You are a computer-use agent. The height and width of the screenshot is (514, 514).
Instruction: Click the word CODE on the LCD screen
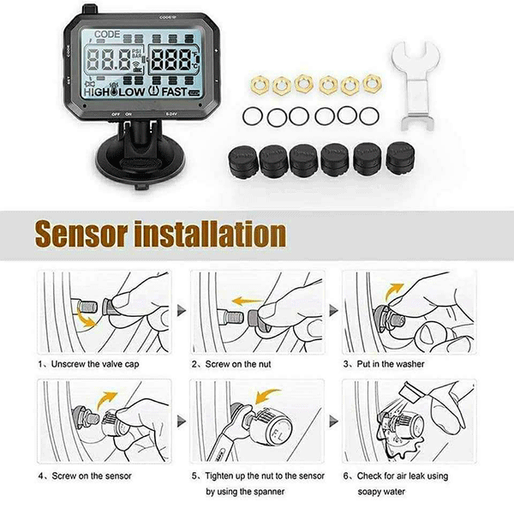107,34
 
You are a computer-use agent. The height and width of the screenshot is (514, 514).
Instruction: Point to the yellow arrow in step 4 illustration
105,396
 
